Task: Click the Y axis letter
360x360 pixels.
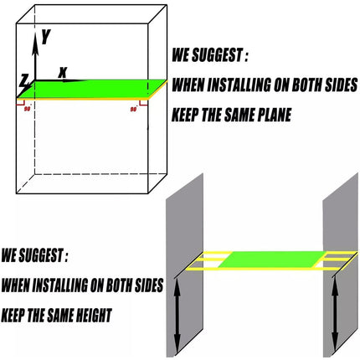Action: click(46, 37)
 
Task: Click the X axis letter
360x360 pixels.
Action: click(63, 73)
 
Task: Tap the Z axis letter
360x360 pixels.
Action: click(24, 80)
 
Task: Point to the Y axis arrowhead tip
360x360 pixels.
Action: click(35, 33)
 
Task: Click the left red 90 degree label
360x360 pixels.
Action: click(27, 109)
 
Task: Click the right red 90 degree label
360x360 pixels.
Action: click(134, 109)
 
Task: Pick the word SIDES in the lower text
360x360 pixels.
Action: click(149, 285)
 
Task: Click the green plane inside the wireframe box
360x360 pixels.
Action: click(92, 90)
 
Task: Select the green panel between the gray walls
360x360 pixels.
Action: click(272, 260)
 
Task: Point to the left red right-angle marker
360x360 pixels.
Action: click(20, 102)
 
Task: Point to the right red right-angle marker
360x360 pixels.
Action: click(143, 103)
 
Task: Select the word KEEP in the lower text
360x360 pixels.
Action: click(13, 315)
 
